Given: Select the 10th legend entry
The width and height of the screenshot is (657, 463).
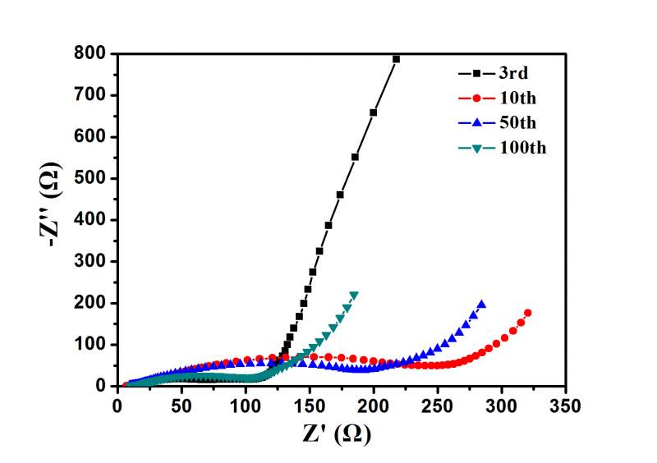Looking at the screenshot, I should point(517,98).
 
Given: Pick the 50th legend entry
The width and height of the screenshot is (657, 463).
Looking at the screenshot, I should point(517,123).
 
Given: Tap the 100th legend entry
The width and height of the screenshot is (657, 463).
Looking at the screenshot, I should point(521,149).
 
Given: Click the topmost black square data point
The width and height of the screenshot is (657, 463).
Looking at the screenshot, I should point(396,59).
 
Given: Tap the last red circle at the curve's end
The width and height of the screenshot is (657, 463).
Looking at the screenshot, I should point(527,313).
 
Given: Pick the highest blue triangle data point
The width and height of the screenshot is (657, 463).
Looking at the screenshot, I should point(481,305).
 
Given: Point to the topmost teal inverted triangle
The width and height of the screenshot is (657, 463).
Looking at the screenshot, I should point(354,296).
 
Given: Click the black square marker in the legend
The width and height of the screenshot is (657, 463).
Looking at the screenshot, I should point(474,72).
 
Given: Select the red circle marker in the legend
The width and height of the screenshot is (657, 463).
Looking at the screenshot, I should point(474,98).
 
